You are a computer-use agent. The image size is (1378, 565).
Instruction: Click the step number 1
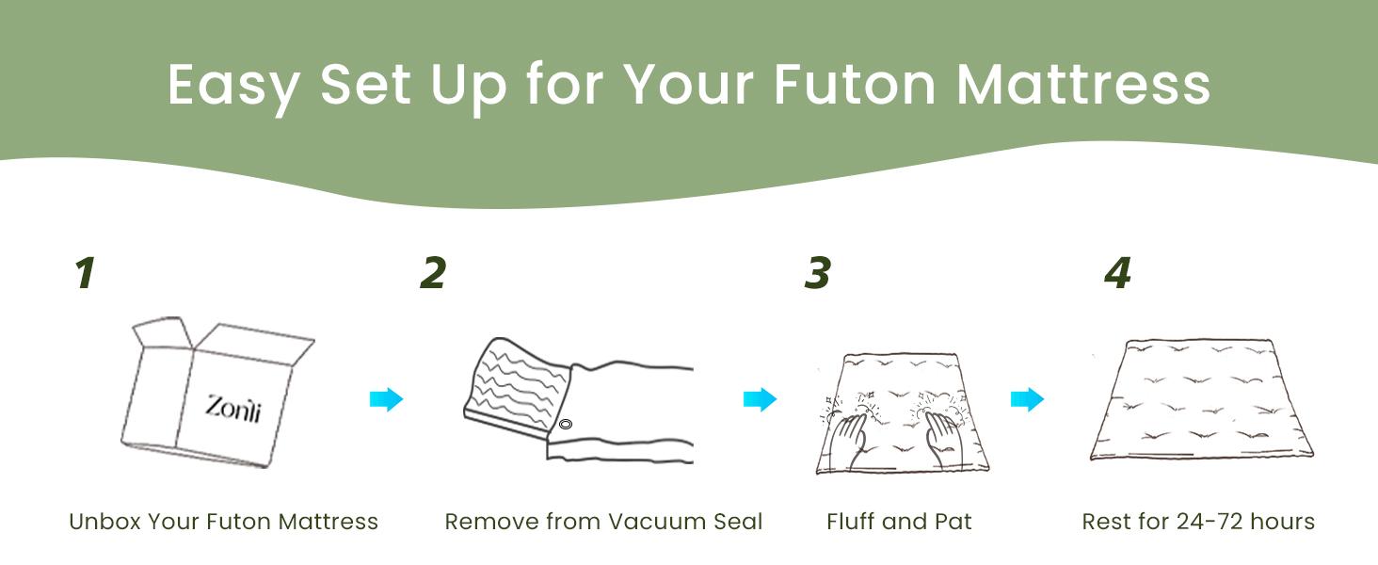(x=86, y=273)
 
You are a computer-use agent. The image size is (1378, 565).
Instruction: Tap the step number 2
(x=433, y=273)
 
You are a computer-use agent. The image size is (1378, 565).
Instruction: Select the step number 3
(x=818, y=273)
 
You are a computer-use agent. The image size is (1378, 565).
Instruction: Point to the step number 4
(x=1118, y=273)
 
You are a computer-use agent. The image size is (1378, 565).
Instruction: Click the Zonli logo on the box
(x=233, y=409)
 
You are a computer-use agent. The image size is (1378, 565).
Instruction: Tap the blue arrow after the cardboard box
(x=386, y=399)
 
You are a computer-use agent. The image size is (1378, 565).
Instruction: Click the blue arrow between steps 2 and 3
(x=760, y=399)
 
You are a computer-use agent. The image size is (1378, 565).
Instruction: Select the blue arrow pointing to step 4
(x=1027, y=399)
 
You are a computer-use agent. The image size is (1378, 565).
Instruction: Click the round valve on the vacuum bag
(x=566, y=424)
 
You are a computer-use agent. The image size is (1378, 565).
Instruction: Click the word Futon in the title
(x=855, y=85)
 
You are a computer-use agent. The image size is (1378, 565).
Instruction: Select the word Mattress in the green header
(x=1083, y=85)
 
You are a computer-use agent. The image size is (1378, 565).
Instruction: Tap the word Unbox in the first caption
(x=104, y=522)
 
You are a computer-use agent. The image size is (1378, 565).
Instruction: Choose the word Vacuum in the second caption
(x=657, y=522)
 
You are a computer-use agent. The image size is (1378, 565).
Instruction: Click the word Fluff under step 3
(x=851, y=522)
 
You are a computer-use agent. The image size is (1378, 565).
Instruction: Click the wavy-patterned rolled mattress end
(x=518, y=387)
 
